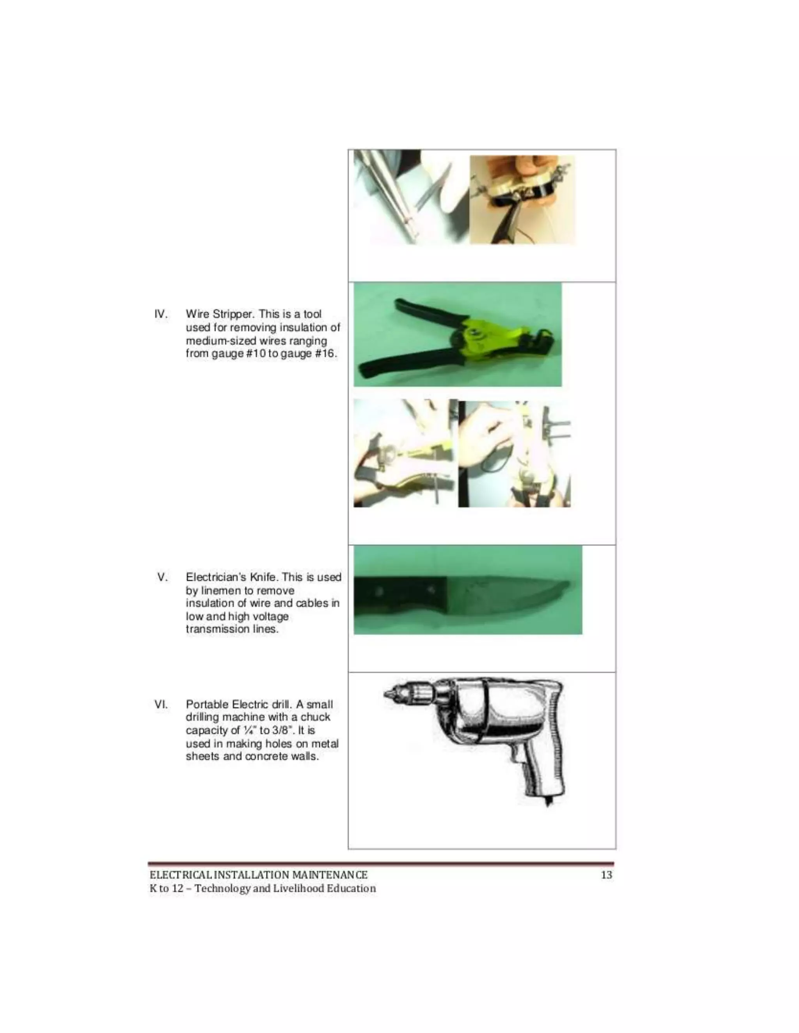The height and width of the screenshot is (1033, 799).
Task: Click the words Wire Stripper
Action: coord(220,314)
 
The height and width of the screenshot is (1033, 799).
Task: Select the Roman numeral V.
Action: coord(162,577)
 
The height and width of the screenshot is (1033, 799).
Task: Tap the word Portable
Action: coord(207,704)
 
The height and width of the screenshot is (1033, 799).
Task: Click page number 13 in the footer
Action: coord(606,875)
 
